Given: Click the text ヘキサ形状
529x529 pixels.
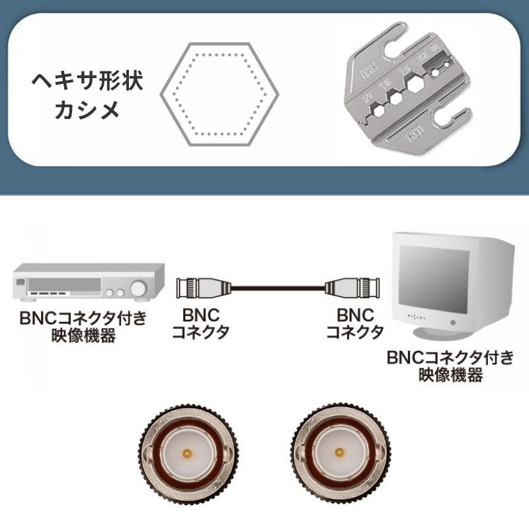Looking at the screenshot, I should coord(88,83).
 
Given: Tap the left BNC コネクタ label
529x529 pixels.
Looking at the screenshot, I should coord(200,323).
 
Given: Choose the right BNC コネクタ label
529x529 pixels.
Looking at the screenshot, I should coord(355,323).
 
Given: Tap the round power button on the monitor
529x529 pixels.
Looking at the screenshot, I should coord(454,322).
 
